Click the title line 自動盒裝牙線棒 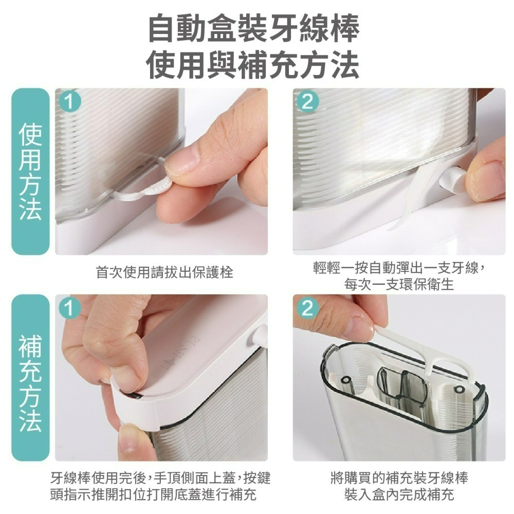(254, 28)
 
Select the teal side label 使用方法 (30, 172)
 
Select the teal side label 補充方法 (30, 378)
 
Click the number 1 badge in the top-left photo (70, 101)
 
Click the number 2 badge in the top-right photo (308, 101)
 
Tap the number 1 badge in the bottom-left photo (70, 308)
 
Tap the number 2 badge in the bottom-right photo (308, 308)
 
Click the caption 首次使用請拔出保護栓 (164, 272)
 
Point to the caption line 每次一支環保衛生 (399, 284)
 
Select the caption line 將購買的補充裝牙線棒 (399, 478)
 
